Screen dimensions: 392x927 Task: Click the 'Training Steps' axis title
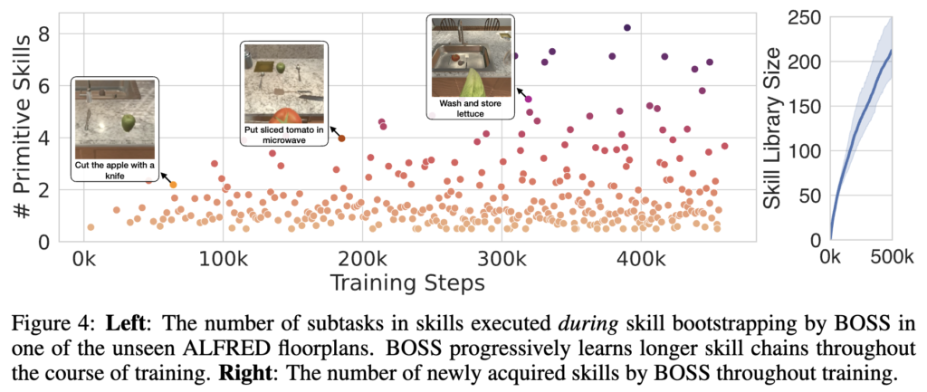[406, 282]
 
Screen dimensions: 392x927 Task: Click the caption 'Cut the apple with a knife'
[116, 169]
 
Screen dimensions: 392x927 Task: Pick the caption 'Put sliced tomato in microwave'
[284, 135]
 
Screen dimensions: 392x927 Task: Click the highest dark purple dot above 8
[626, 28]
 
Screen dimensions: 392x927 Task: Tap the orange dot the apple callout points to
[174, 185]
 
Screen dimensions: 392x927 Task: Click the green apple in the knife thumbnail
[129, 120]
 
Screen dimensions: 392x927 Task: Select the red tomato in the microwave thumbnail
[284, 116]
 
